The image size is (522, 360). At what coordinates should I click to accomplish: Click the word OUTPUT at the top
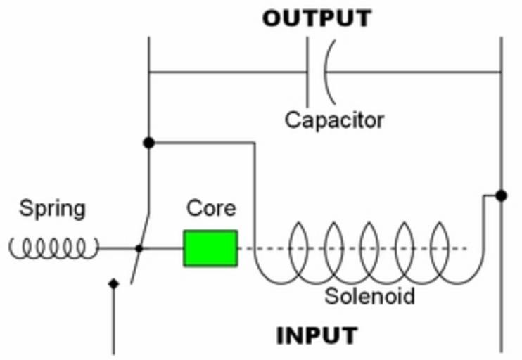[317, 18]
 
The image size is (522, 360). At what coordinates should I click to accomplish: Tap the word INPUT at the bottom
[317, 335]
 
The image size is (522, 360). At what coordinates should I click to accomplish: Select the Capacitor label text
[334, 120]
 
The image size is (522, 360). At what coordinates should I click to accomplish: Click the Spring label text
[52, 209]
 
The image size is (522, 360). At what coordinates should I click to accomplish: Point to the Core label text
[211, 209]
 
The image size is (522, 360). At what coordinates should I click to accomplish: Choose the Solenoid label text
[369, 296]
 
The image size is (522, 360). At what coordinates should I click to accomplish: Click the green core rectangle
[210, 248]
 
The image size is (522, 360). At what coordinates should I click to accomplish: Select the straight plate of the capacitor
[308, 71]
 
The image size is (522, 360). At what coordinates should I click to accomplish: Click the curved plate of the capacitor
[328, 71]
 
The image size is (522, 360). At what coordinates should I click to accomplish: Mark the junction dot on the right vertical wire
[500, 195]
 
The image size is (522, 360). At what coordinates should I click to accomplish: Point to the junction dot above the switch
[148, 143]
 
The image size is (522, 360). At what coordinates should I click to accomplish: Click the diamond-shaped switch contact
[113, 283]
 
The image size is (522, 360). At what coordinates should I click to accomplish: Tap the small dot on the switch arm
[139, 248]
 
